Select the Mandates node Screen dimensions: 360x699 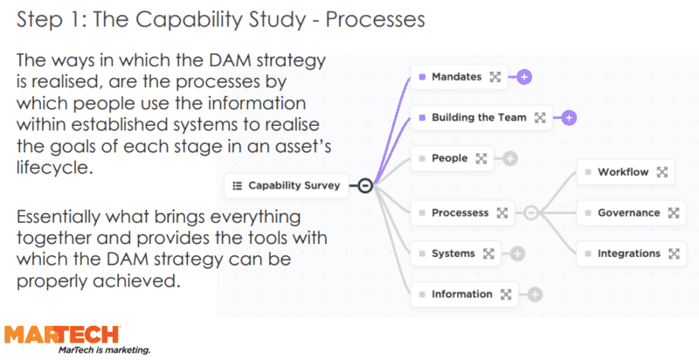pyautogui.click(x=456, y=77)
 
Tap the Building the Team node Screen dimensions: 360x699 pyautogui.click(x=479, y=117)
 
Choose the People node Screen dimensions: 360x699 pyautogui.click(x=449, y=158)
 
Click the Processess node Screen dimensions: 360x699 pyautogui.click(x=460, y=212)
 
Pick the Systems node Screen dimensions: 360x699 pyautogui.click(x=453, y=253)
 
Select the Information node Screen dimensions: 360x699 pyautogui.click(x=461, y=294)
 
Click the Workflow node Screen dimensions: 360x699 pyautogui.click(x=622, y=172)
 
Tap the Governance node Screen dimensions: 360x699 pyautogui.click(x=628, y=212)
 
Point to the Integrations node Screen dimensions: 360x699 pyautogui.click(x=628, y=253)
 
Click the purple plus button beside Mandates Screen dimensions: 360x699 pyautogui.click(x=523, y=77)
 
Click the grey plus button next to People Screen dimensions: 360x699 pyautogui.click(x=510, y=158)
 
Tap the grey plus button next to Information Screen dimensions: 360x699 pyautogui.click(x=535, y=294)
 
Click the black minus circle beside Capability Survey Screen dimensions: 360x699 pyautogui.click(x=365, y=185)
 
